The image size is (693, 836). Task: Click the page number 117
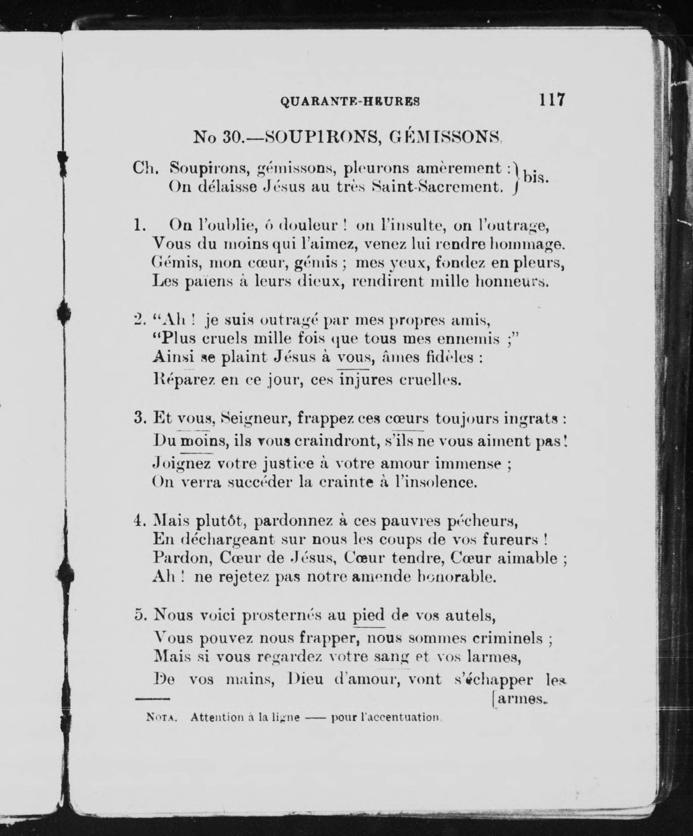point(551,99)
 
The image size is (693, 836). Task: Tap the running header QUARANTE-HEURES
point(350,102)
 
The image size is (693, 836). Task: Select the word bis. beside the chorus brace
point(536,177)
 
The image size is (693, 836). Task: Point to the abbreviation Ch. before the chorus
point(146,169)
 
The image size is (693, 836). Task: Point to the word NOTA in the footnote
point(161,717)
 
